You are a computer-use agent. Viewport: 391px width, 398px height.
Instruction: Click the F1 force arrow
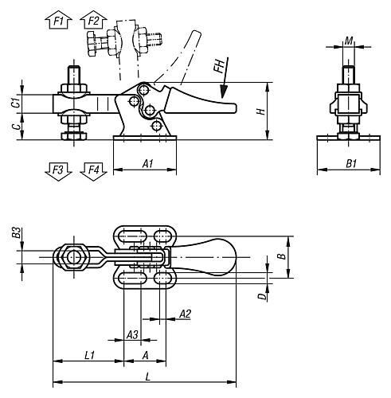(x=58, y=20)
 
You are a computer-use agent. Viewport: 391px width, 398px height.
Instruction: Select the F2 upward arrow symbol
(x=93, y=20)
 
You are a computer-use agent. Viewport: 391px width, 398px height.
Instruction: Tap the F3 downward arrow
(x=58, y=171)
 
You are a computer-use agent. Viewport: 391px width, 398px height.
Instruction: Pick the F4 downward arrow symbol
(x=93, y=171)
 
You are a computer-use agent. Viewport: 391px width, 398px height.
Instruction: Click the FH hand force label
(x=219, y=66)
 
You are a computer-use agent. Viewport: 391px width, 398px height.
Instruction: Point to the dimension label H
(x=262, y=111)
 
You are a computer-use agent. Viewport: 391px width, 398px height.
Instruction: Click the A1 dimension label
(x=148, y=163)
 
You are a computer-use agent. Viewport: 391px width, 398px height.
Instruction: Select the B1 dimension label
(x=351, y=163)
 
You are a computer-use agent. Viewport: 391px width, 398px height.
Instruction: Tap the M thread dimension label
(x=349, y=41)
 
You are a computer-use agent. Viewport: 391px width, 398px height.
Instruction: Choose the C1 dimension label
(x=16, y=103)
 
